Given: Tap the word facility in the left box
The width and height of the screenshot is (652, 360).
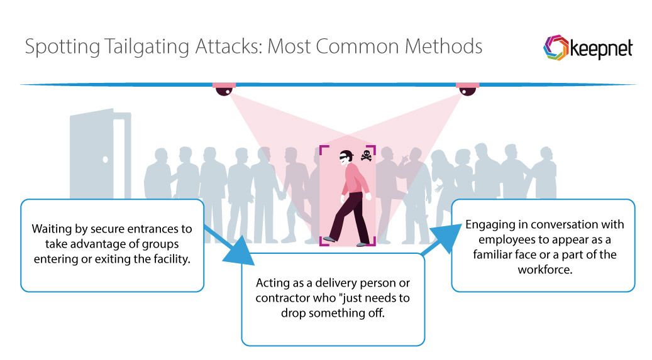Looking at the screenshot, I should pyautogui.click(x=170, y=259).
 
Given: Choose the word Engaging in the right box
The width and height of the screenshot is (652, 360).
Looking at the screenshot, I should pyautogui.click(x=487, y=225).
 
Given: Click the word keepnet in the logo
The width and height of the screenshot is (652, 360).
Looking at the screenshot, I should pyautogui.click(x=601, y=50).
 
